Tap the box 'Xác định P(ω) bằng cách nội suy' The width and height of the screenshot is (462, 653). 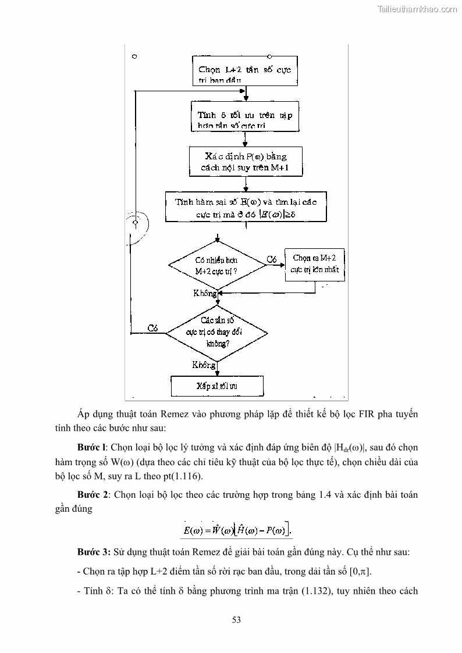246,161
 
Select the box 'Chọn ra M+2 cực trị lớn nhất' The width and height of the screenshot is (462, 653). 315,265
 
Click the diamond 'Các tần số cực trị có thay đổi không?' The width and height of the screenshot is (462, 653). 218,332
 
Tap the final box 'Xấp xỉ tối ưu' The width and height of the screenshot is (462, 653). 217,386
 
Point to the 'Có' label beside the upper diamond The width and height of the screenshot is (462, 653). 272,259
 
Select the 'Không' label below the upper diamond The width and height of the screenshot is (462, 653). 205,294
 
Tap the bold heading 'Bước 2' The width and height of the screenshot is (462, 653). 92,495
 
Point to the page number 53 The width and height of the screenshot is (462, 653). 236,620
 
